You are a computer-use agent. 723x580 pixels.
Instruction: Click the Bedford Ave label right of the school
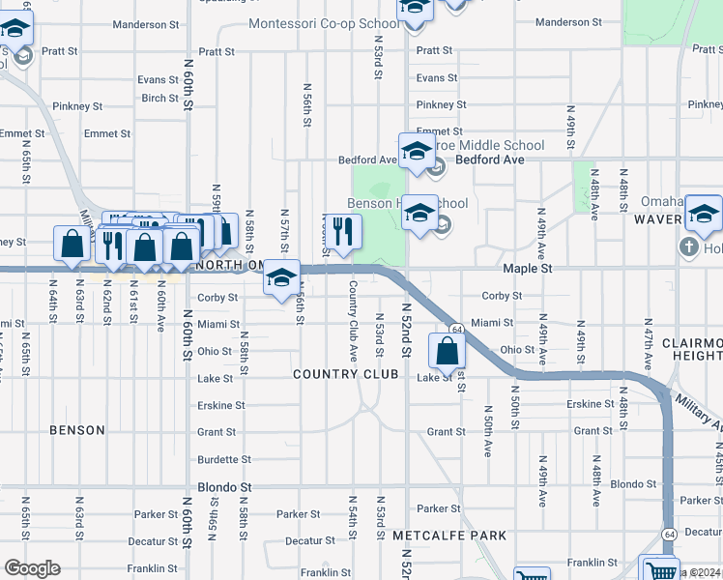coord(489,159)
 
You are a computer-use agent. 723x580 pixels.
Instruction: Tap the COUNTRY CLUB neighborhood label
coord(346,374)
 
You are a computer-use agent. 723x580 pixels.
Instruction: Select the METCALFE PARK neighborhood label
coord(448,535)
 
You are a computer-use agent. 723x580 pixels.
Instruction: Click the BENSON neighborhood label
coord(76,430)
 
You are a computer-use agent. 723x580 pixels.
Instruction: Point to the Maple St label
coord(527,268)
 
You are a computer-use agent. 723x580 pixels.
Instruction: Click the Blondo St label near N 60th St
coord(224,487)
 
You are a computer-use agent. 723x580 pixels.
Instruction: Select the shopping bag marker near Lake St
coord(447,351)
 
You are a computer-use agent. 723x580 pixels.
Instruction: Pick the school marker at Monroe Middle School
coord(417,152)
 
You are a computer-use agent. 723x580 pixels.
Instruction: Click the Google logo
coord(32,568)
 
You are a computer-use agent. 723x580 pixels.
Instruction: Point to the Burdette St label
coord(224,460)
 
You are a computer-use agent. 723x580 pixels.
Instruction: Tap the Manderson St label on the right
coord(568,21)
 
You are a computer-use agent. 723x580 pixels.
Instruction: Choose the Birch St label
coord(159,98)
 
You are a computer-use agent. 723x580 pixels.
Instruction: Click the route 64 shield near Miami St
coord(454,330)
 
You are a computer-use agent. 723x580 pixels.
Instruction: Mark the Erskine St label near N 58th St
coord(221,406)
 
